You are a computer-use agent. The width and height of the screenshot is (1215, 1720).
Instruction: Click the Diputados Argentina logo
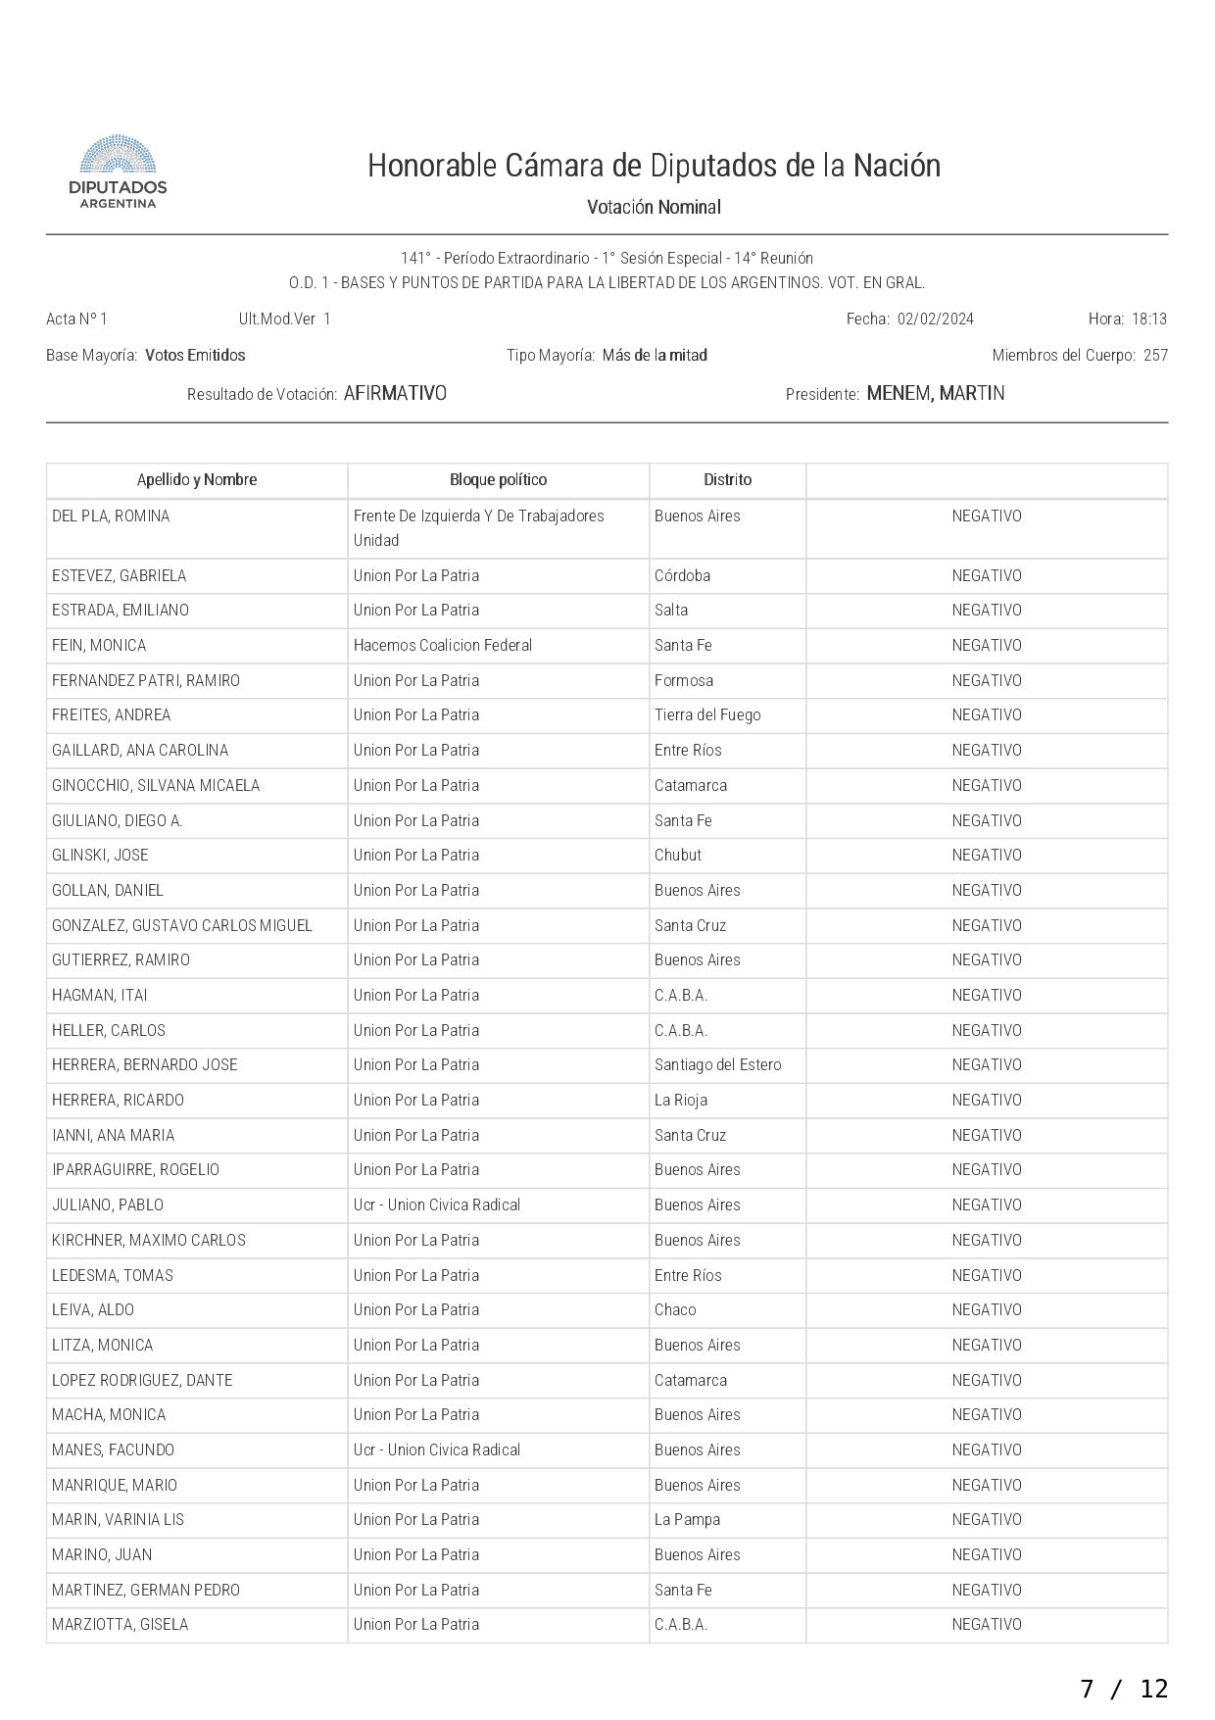[118, 172]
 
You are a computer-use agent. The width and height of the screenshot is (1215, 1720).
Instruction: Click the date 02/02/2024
[935, 319]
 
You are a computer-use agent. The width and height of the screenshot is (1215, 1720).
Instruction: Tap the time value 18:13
[1148, 319]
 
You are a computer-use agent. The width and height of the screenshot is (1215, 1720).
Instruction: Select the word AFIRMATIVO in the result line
[395, 394]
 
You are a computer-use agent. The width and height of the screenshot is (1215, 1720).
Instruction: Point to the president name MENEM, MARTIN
[935, 394]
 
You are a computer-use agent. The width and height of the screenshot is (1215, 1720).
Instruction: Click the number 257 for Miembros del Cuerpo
[1155, 356]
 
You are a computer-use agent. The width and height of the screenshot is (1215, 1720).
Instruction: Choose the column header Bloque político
[498, 480]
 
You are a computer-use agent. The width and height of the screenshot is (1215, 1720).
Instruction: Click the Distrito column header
[727, 480]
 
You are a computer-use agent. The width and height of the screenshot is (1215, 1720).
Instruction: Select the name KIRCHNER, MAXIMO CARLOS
[149, 1241]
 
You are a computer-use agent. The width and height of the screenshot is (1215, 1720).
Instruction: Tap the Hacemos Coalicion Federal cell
[443, 646]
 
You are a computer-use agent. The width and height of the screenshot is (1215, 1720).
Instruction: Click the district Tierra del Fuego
[707, 715]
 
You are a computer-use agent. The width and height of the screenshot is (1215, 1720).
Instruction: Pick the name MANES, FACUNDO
[113, 1450]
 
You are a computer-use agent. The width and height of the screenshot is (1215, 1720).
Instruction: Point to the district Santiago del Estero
[717, 1065]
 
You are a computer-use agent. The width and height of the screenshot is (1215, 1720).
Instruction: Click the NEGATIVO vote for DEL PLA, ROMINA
[986, 516]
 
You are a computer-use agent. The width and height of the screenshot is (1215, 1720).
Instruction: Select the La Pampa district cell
[687, 1520]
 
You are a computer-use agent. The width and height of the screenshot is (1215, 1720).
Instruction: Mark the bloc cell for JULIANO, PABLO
[437, 1205]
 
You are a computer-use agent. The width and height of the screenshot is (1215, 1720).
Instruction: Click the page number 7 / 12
[1124, 1689]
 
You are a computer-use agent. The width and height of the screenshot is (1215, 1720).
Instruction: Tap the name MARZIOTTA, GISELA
[120, 1625]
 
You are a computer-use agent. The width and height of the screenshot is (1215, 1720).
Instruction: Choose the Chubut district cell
[678, 856]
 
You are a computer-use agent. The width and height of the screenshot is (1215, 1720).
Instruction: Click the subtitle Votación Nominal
[654, 208]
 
